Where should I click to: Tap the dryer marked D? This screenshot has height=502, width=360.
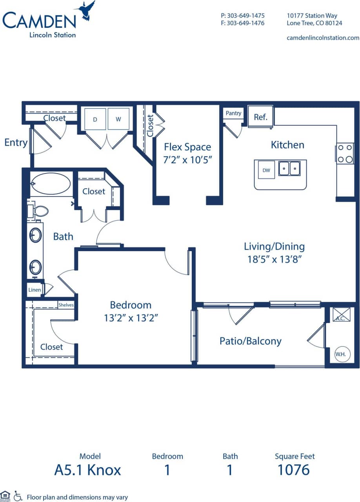coord(95,119)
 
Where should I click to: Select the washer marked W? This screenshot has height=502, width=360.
coord(118,119)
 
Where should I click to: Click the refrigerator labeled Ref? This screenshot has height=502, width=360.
coord(260,117)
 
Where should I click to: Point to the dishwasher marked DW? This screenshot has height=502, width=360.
coord(266,170)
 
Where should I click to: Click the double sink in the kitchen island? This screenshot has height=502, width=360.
coord(289,168)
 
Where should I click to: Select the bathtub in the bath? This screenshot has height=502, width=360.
coord(51,184)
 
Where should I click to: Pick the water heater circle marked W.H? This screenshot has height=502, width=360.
coord(340,354)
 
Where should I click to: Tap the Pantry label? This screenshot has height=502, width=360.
coord(233,113)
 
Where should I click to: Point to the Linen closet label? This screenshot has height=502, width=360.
coord(34,290)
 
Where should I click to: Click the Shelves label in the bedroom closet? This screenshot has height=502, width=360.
coord(66,305)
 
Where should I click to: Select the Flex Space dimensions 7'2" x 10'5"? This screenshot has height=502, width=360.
coord(187,160)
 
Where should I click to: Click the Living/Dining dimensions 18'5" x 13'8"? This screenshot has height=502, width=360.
coord(274,259)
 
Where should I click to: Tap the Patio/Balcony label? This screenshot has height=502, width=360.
coord(250,341)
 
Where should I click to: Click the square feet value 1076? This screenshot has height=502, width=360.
coord(294,469)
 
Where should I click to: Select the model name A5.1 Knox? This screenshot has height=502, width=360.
coord(87,469)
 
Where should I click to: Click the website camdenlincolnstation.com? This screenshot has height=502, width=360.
coord(323,38)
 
